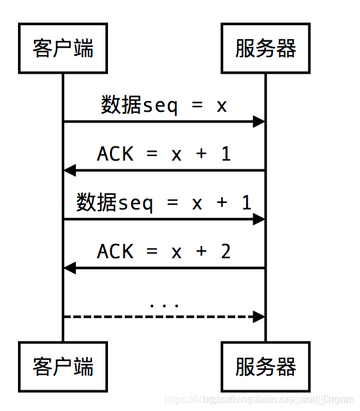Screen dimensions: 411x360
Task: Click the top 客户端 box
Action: click(x=63, y=48)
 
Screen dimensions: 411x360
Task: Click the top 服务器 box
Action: click(x=265, y=48)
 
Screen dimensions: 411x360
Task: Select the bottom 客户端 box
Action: click(x=63, y=367)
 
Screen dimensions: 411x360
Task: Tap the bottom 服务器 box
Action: click(x=265, y=367)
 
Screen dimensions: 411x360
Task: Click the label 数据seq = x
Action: click(x=164, y=105)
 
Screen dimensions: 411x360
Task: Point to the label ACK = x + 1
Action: click(x=164, y=154)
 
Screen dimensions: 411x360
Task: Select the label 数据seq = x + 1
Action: click(x=164, y=203)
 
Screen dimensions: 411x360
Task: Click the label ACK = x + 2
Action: click(x=164, y=251)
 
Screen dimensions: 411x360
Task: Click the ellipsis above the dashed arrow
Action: click(x=164, y=303)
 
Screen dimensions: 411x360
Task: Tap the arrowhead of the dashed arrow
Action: click(x=259, y=317)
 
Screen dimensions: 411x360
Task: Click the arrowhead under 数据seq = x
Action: click(x=259, y=121)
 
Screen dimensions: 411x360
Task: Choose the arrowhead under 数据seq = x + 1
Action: click(x=259, y=219)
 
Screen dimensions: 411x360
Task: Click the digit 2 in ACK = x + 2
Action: click(x=225, y=251)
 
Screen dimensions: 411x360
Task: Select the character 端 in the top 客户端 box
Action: click(x=84, y=48)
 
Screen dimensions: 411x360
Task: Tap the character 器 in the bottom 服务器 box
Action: click(x=286, y=367)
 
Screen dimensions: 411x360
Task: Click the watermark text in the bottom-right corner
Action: click(x=257, y=399)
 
